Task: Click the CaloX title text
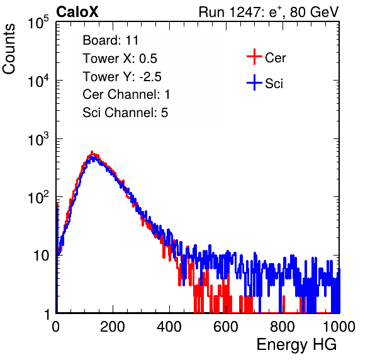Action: click(77, 12)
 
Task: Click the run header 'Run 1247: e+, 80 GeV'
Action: click(269, 12)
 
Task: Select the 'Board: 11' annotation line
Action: click(111, 40)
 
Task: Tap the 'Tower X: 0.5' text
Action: click(120, 59)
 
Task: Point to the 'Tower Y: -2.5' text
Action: click(122, 77)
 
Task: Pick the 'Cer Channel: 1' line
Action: click(126, 94)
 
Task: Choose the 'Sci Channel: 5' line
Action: click(125, 113)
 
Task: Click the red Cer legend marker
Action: click(254, 57)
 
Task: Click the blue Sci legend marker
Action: click(254, 82)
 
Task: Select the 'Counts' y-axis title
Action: click(9, 48)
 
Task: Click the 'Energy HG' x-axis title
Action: click(296, 345)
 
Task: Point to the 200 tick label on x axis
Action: click(113, 327)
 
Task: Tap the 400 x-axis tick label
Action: click(169, 327)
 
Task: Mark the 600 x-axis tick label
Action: click(226, 327)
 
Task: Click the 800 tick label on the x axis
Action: click(283, 327)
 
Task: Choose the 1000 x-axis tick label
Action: click(339, 327)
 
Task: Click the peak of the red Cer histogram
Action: click(92, 152)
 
